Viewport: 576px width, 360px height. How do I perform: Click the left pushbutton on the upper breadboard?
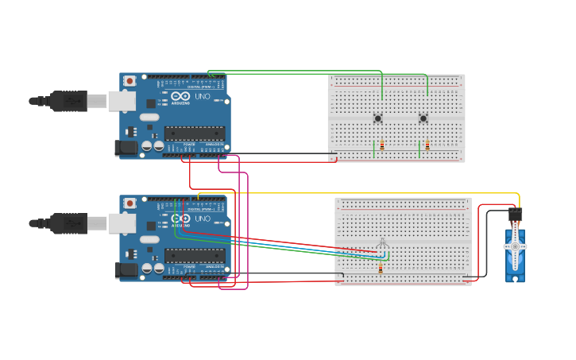click(377, 119)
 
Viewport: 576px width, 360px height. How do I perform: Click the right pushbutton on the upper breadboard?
click(423, 119)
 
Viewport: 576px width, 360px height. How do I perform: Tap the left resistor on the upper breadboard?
click(382, 145)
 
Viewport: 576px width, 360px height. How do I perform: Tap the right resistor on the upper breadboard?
click(427, 145)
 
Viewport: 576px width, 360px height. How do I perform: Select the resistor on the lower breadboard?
click(380, 269)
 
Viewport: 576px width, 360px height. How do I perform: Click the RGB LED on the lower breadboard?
click(382, 242)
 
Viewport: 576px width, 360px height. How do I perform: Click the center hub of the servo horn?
click(515, 247)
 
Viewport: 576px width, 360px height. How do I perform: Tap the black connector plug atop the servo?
click(515, 214)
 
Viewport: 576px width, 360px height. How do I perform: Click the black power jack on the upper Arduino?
click(126, 147)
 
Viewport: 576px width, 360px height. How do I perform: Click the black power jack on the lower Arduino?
click(126, 270)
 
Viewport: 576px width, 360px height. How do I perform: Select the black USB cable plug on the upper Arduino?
click(69, 101)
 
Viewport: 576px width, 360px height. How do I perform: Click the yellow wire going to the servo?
click(358, 193)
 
